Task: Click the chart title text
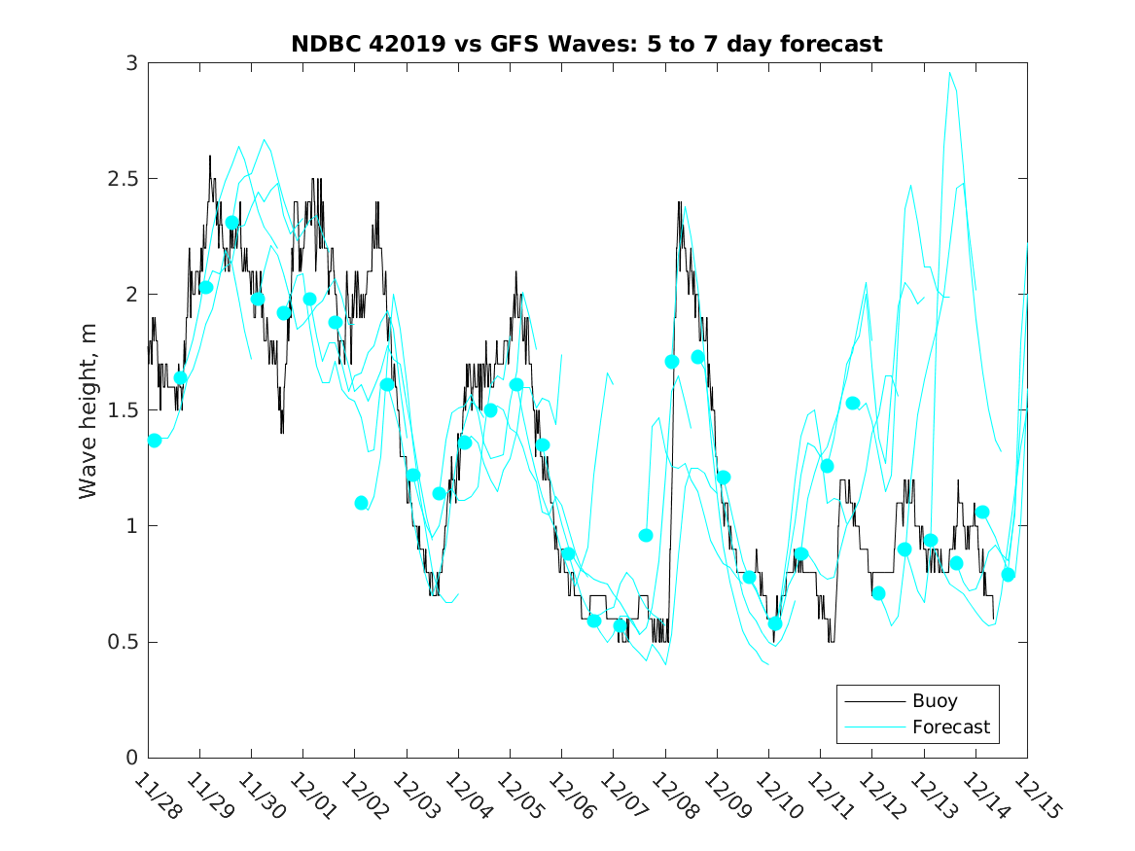click(586, 44)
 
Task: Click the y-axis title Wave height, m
click(89, 410)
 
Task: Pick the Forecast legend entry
click(950, 727)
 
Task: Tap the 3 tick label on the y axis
click(130, 63)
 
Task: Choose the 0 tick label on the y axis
click(130, 758)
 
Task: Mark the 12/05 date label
click(516, 797)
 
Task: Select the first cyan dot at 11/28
click(155, 441)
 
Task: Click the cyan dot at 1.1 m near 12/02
click(362, 503)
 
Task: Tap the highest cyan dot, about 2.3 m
click(232, 223)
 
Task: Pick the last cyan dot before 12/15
click(1009, 574)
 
